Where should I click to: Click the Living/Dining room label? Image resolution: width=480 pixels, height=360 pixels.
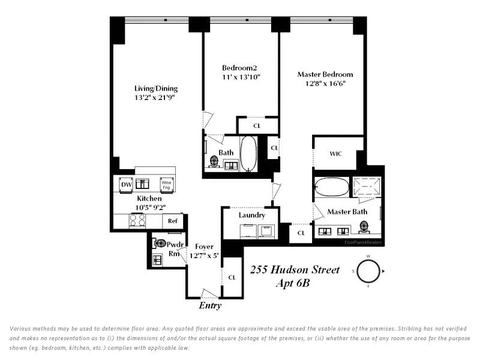156,89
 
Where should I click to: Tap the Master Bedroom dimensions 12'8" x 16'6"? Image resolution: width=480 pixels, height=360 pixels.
325,84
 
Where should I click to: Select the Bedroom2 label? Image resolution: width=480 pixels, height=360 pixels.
239,68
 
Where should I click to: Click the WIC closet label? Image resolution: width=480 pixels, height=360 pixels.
336,154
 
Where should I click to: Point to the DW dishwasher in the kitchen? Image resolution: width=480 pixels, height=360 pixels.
127,185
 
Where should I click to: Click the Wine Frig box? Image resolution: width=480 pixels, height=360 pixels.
167,185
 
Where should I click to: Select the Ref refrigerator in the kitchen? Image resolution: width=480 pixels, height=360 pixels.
173,221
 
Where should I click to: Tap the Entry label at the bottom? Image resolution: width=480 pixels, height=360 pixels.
210,305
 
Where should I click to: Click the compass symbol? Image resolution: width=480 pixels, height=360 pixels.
368,271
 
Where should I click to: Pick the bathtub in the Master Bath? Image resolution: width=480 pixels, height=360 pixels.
331,187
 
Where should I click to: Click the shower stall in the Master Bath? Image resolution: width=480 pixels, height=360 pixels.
366,187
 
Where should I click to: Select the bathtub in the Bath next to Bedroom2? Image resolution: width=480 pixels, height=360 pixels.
248,154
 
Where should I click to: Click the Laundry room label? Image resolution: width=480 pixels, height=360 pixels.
251,215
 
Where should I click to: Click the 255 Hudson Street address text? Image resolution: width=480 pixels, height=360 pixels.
295,270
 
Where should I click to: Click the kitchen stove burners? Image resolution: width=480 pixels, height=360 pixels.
138,221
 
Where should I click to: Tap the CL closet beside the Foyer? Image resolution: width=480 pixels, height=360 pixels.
232,277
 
